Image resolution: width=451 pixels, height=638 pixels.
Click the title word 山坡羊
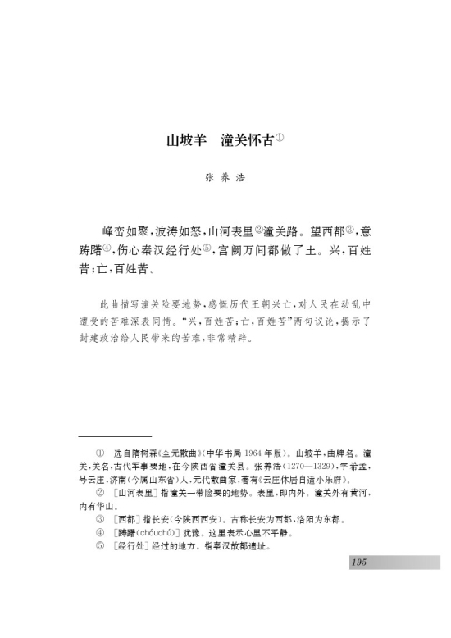coord(185,139)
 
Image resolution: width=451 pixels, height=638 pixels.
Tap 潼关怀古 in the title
coord(246,139)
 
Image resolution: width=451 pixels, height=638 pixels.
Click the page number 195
coord(358,562)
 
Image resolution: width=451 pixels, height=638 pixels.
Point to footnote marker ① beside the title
coord(280,135)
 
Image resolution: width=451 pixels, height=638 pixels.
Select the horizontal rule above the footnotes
coord(115,436)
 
